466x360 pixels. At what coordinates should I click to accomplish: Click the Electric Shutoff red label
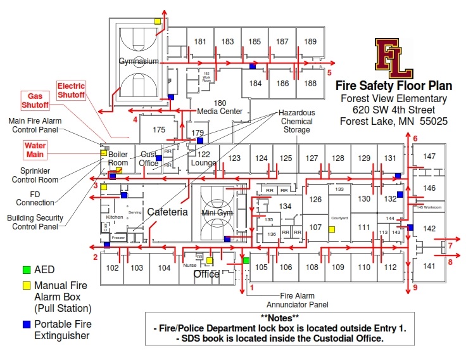pyautogui.click(x=71, y=90)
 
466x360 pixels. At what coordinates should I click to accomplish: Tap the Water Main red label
pyautogui.click(x=36, y=150)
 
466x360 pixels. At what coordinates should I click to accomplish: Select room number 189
pyautogui.click(x=310, y=42)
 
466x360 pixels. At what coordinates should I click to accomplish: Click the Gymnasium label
pyautogui.click(x=138, y=61)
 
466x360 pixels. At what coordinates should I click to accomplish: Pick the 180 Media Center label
pyautogui.click(x=220, y=107)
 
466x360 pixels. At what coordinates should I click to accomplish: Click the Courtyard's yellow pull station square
pyautogui.click(x=331, y=229)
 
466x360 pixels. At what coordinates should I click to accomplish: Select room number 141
pyautogui.click(x=429, y=266)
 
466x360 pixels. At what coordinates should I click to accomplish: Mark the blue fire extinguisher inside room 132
pyautogui.click(x=400, y=194)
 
